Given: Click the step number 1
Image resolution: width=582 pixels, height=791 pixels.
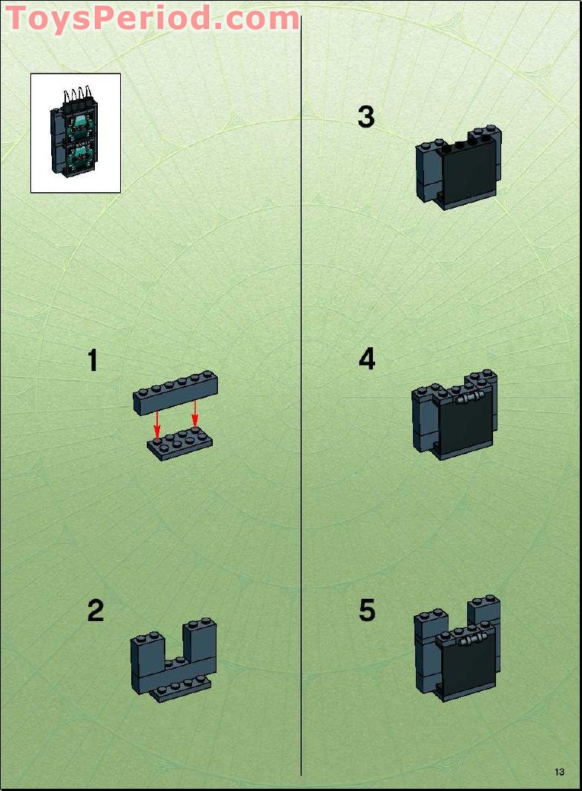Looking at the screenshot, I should pyautogui.click(x=93, y=361).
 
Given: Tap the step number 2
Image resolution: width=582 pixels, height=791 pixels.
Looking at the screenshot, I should pyautogui.click(x=95, y=611).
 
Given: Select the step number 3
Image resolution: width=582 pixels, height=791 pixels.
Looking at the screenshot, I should pyautogui.click(x=366, y=116).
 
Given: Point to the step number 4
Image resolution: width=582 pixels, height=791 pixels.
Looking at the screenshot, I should pyautogui.click(x=366, y=359).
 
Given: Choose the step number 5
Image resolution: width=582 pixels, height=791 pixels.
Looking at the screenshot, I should pyautogui.click(x=366, y=611).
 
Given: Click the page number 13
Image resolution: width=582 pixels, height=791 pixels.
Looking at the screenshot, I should pyautogui.click(x=559, y=772).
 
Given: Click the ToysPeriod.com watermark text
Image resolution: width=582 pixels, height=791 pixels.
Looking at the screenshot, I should pyautogui.click(x=152, y=17).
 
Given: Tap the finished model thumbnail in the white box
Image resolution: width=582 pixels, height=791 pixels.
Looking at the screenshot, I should pyautogui.click(x=75, y=133).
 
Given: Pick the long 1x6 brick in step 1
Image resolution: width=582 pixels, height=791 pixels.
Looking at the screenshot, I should pyautogui.click(x=175, y=393).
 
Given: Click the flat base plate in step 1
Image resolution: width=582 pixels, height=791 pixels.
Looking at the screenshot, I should pyautogui.click(x=179, y=444).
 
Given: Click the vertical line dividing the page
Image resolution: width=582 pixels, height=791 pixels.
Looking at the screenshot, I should pyautogui.click(x=301, y=445).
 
